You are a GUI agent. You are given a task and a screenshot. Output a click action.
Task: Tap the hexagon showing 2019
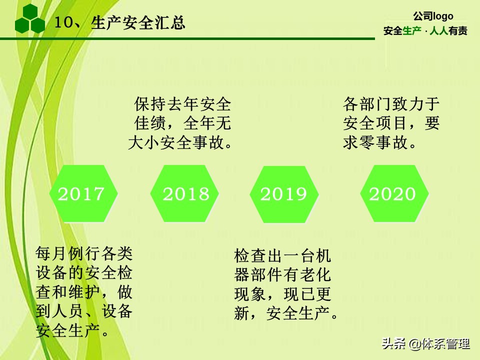point(283,193)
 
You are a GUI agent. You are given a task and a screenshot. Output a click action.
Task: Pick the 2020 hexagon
point(392,193)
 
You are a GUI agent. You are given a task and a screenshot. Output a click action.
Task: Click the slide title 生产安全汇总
point(138,22)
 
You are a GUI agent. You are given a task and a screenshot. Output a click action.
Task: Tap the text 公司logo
point(433,16)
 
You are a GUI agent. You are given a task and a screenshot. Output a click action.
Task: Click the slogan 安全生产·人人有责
point(425,31)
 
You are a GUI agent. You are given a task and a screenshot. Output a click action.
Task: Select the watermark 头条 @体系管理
point(426,344)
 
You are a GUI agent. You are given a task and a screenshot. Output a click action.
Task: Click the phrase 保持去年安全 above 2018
point(183,104)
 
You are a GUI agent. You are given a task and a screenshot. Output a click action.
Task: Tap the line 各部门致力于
point(391,104)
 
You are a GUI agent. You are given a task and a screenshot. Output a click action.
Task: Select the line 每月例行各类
point(84,253)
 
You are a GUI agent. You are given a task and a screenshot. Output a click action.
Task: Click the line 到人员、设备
point(84,311)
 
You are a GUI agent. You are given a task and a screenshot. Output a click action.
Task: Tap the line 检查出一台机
point(282,255)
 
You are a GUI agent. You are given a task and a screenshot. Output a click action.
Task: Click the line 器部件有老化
point(282,275)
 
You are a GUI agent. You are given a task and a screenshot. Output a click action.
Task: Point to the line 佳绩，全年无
point(183,123)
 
